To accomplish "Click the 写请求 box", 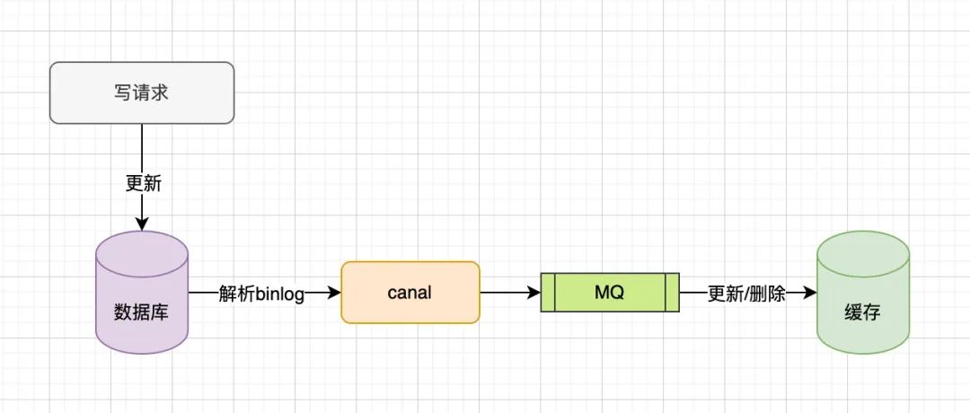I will point(142,92).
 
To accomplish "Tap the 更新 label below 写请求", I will point(143,182).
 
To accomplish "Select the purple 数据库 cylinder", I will point(142,292).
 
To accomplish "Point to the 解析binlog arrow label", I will point(261,294).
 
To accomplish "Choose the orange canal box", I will point(410,292).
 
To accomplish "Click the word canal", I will point(410,293).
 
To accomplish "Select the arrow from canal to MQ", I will point(510,293).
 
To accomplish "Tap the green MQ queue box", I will point(609,293).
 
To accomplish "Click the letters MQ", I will point(609,293).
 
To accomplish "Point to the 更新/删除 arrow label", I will point(746,294).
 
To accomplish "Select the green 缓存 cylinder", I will point(862,292).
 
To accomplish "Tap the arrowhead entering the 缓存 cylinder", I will point(810,293).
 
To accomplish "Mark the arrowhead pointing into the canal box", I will point(335,293).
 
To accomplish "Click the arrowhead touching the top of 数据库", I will point(142,224).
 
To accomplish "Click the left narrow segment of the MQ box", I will point(548,293).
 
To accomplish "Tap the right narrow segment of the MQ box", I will point(670,293).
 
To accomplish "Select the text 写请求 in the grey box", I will point(142,92).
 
